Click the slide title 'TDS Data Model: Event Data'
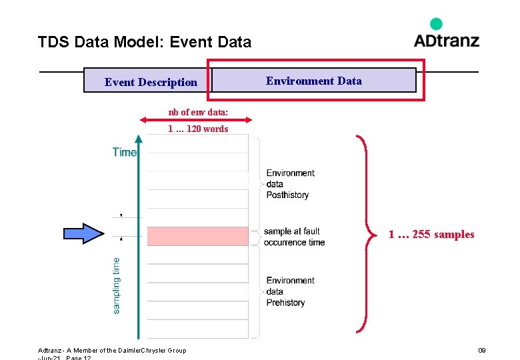(145, 43)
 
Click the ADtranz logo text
(446, 40)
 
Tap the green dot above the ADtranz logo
(436, 24)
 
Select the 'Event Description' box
(151, 82)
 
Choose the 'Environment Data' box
(314, 81)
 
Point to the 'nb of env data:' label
(197, 111)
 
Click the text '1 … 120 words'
(197, 129)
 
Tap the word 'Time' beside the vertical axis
(124, 152)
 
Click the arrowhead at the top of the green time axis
(139, 139)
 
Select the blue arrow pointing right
(83, 233)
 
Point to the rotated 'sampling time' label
(117, 285)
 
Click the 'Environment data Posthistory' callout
(290, 184)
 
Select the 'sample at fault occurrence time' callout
(293, 237)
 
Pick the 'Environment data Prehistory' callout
(290, 291)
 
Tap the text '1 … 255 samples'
(431, 234)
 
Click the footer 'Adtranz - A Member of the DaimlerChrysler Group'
(112, 350)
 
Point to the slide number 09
(481, 350)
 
